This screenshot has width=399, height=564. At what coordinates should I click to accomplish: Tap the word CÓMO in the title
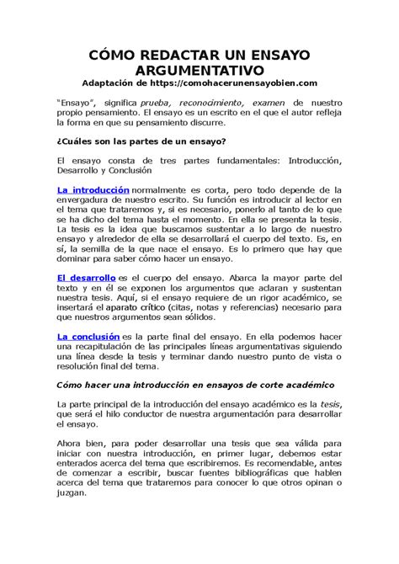(115, 52)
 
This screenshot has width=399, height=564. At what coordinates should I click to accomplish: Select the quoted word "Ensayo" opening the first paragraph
(76, 99)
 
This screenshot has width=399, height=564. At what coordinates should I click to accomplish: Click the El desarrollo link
(86, 277)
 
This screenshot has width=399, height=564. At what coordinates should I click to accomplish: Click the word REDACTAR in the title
(176, 52)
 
